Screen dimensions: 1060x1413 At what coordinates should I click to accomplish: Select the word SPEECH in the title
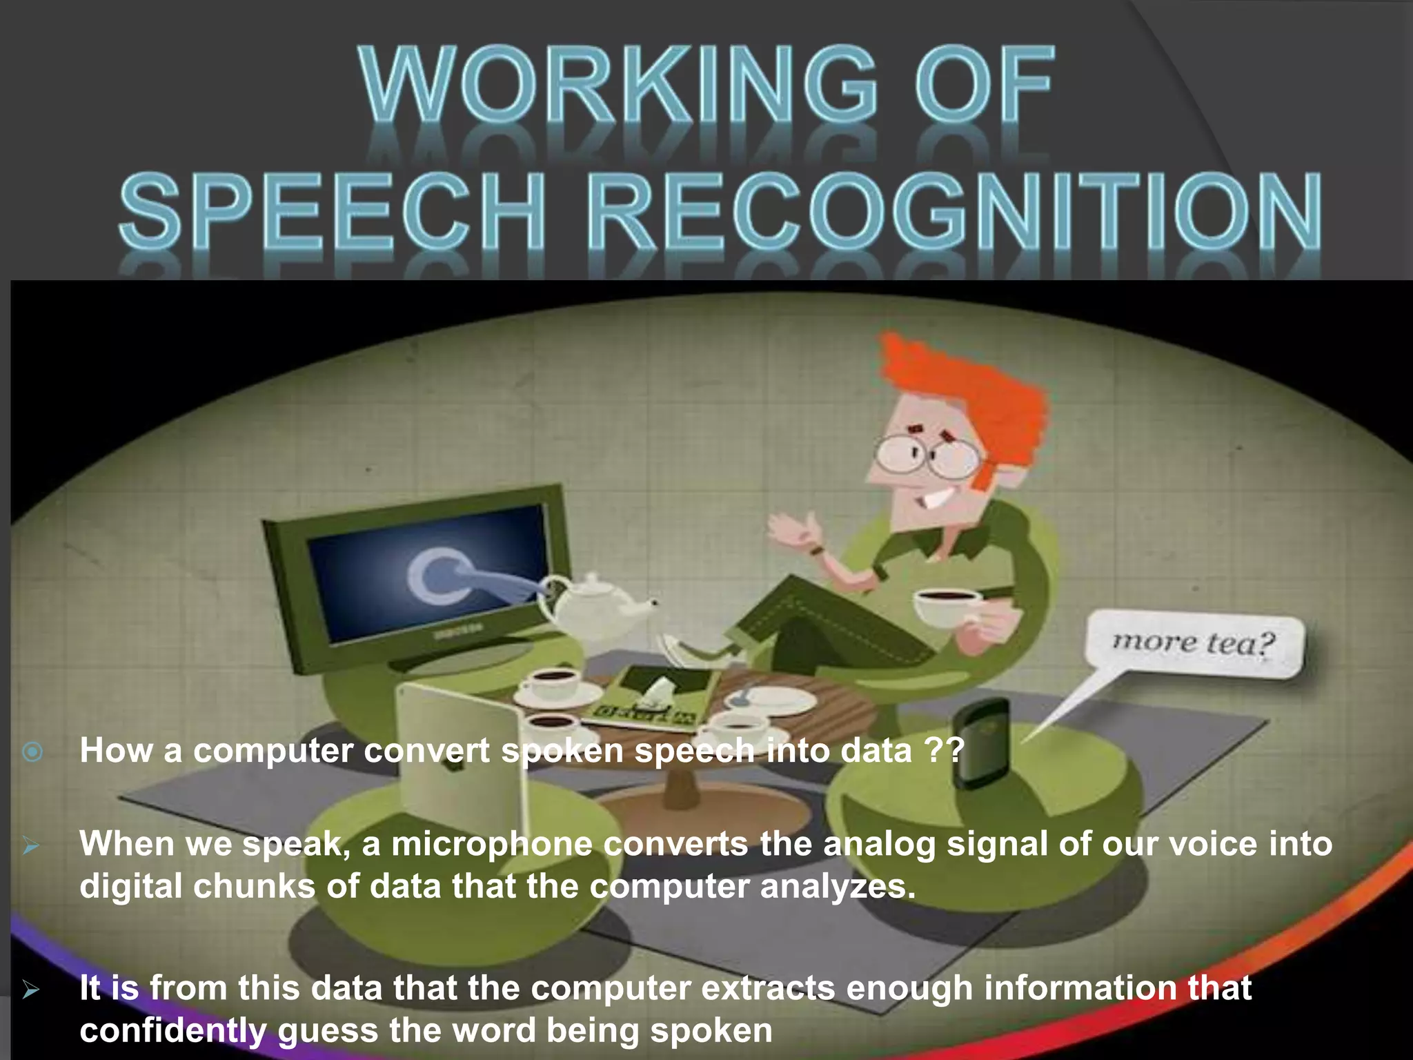click(x=331, y=211)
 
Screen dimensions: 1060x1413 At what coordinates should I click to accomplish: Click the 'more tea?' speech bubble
click(x=1194, y=645)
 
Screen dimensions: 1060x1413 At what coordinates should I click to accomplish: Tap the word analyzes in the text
click(x=838, y=887)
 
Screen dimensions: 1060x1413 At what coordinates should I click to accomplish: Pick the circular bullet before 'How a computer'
click(x=32, y=752)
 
